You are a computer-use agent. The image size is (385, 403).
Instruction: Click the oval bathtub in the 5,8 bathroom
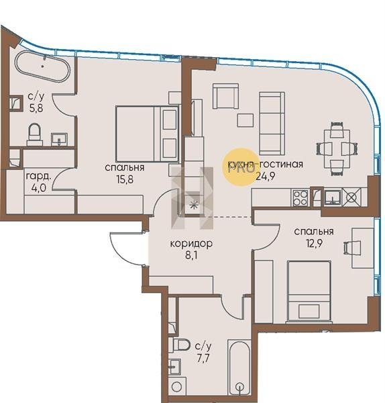[x=42, y=66]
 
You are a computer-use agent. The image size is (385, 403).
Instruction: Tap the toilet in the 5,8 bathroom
[x=35, y=134]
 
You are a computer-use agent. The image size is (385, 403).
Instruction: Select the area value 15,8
[x=125, y=179]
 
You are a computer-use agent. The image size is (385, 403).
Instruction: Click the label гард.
[x=38, y=177]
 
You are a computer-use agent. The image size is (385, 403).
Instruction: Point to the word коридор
[x=191, y=243]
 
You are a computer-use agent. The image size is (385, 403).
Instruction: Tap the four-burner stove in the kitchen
[x=300, y=197]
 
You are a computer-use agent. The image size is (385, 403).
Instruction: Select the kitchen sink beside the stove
[x=333, y=197]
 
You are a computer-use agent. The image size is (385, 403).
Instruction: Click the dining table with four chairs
[x=337, y=149]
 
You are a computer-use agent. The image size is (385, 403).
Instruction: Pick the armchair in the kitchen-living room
[x=225, y=96]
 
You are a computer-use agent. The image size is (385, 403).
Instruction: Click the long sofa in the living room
[x=272, y=124]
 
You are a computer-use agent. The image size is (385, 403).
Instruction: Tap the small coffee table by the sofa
[x=245, y=120]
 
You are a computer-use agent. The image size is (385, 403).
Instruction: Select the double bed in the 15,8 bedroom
[x=147, y=134]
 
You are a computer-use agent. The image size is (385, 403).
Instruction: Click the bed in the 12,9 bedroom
[x=309, y=292]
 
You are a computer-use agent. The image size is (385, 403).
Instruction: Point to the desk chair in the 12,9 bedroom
[x=351, y=248]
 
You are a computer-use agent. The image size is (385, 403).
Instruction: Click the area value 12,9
[x=314, y=243]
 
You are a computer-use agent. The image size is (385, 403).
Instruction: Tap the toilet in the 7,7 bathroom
[x=182, y=345]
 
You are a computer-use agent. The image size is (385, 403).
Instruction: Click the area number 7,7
[x=203, y=359]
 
